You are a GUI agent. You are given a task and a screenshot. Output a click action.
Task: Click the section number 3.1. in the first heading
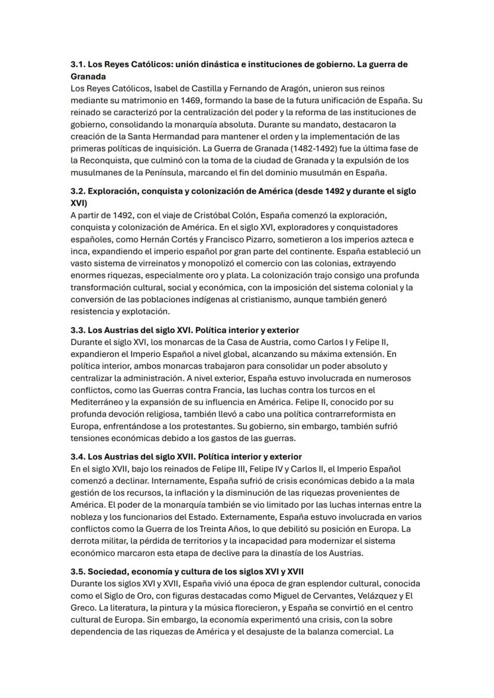[x=78, y=64]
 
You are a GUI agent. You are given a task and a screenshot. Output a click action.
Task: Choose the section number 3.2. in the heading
[x=78, y=191]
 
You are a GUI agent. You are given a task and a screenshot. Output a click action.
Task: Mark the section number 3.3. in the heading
[x=78, y=330]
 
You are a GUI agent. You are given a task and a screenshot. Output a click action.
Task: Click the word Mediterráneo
[x=99, y=402]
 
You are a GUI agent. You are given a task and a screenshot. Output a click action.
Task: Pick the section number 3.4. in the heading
[x=78, y=456]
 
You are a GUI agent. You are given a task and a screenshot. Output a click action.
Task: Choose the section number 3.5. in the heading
[x=78, y=571]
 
